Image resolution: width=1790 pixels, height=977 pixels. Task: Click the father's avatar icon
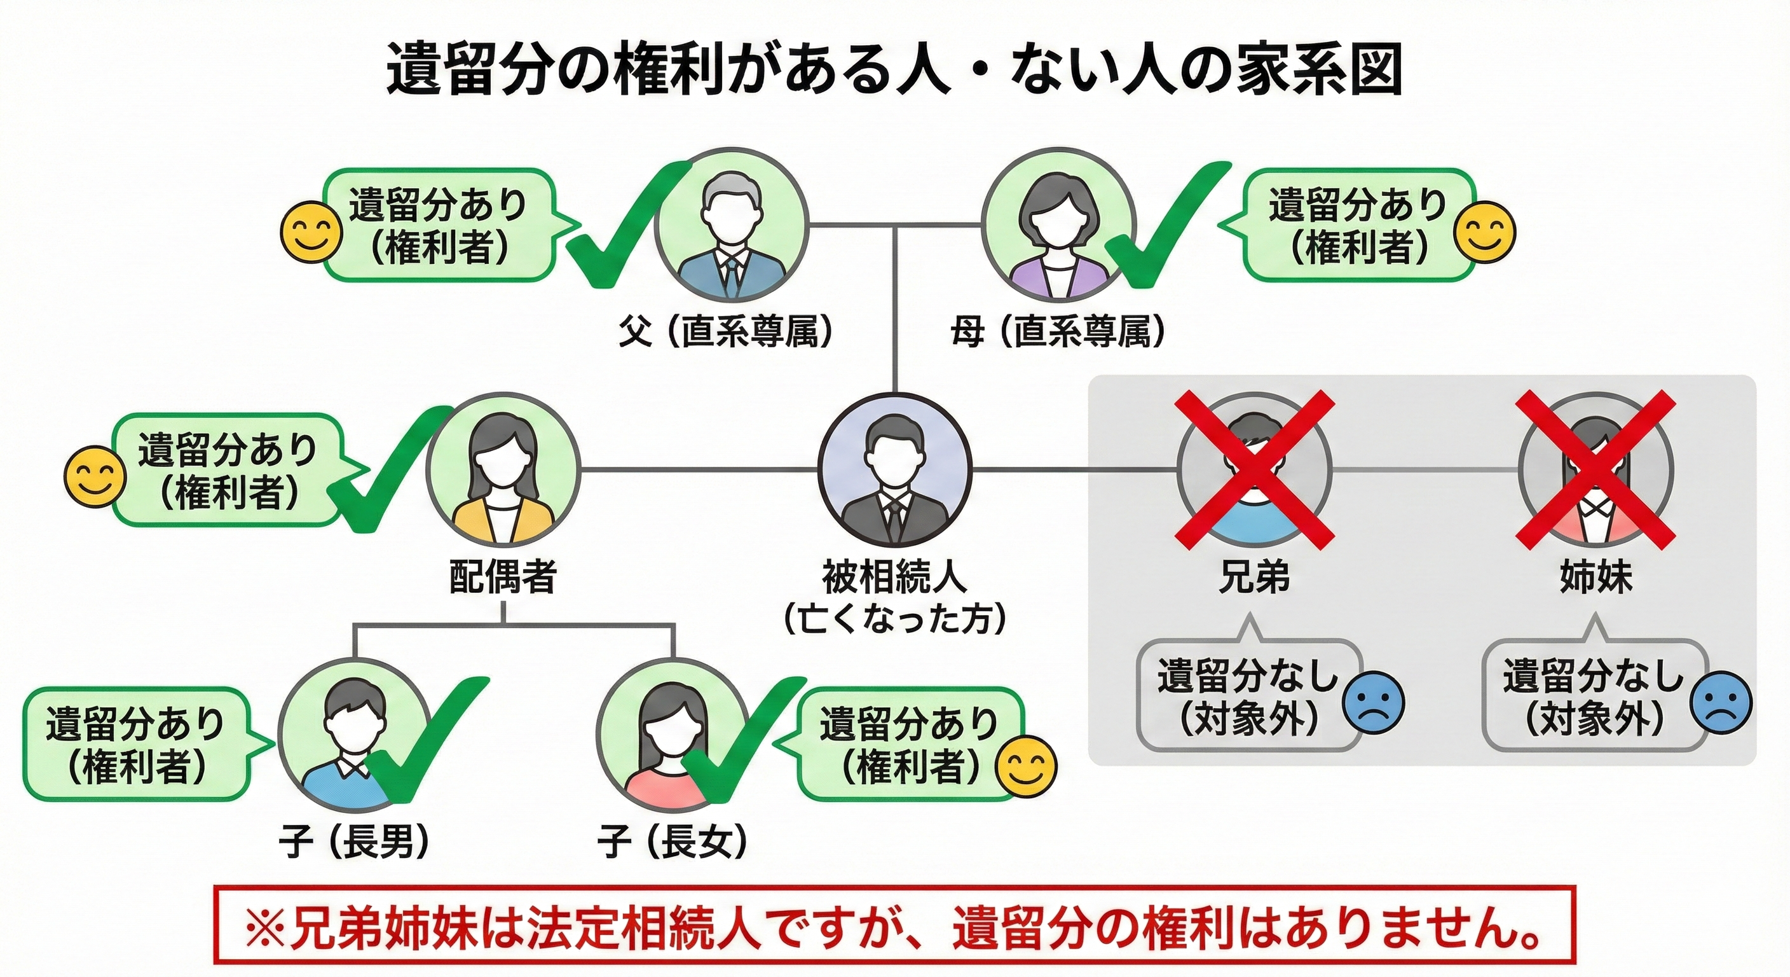[x=731, y=225]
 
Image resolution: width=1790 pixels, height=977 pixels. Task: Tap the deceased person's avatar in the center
[x=895, y=471]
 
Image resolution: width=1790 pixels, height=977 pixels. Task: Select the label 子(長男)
[x=353, y=842]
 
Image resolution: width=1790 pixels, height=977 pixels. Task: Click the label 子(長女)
[x=671, y=842]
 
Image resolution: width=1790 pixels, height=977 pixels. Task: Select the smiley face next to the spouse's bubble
[x=95, y=477]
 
